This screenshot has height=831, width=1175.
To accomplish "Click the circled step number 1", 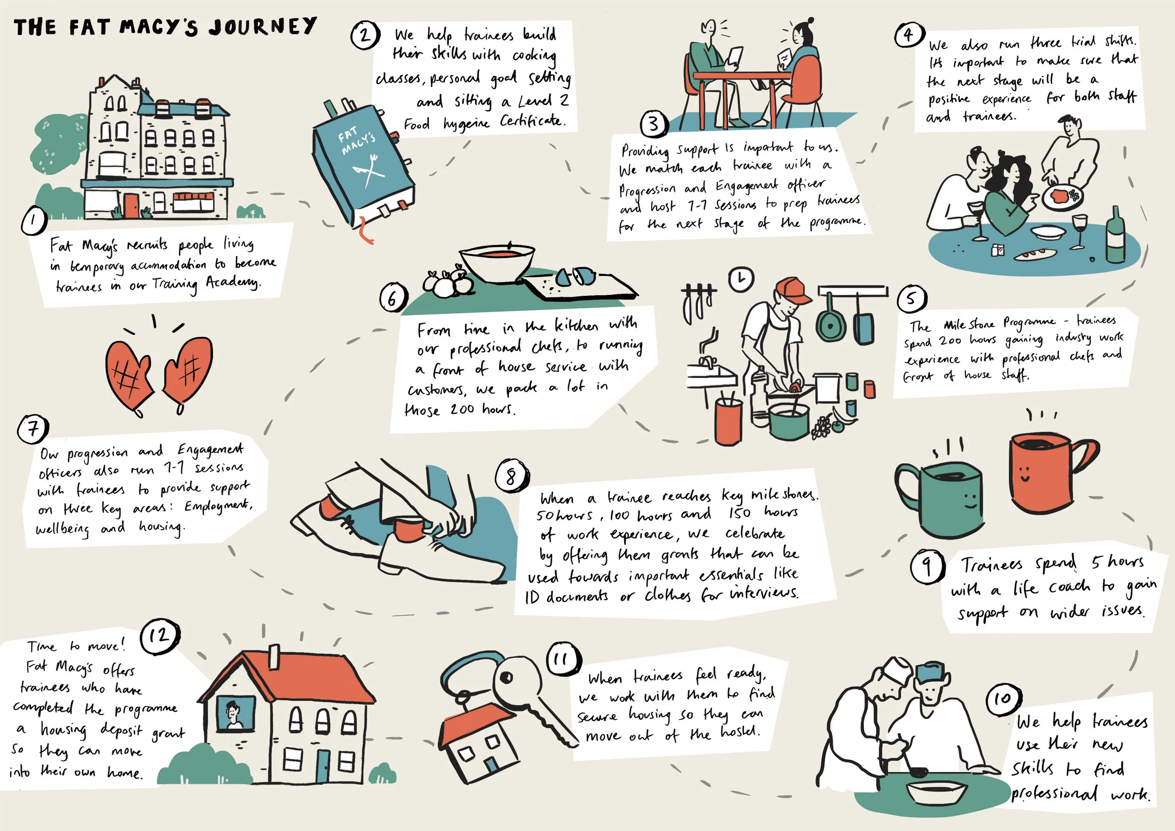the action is pos(34,221).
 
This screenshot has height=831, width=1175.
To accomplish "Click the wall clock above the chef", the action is pos(742,279).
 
